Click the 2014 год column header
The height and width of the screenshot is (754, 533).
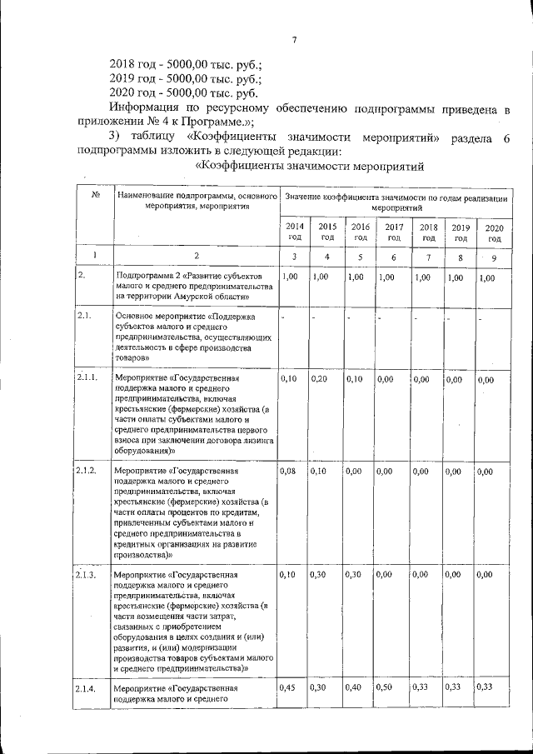pos(294,232)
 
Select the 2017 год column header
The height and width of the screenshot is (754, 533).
pos(393,232)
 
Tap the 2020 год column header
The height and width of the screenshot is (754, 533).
pos(494,232)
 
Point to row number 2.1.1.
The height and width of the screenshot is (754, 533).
pos(87,378)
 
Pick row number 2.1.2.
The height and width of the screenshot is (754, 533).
pos(87,472)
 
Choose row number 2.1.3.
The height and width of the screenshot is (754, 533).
pos(87,575)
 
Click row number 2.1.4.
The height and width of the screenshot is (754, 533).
pos(87,689)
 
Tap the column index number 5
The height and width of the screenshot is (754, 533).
pos(360,257)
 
